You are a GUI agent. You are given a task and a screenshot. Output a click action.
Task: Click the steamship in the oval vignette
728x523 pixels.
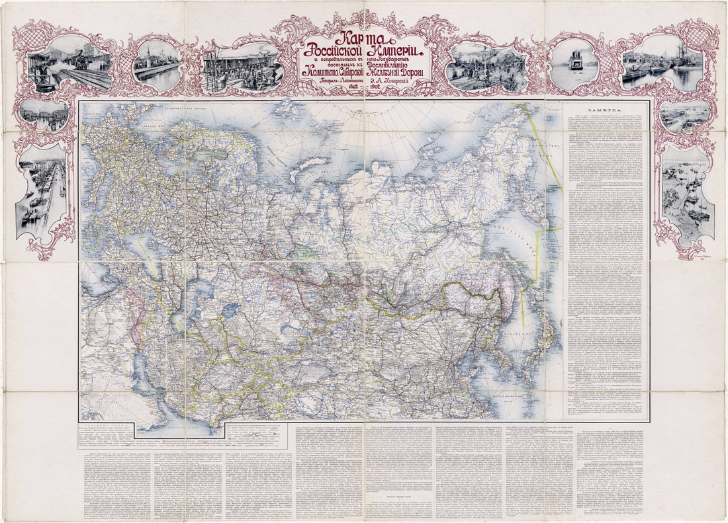pos(574,63)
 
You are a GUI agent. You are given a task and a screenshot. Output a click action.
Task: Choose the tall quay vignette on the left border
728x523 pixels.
pos(42,192)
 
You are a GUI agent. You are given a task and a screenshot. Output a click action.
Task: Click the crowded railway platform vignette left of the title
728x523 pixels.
pos(243,68)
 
